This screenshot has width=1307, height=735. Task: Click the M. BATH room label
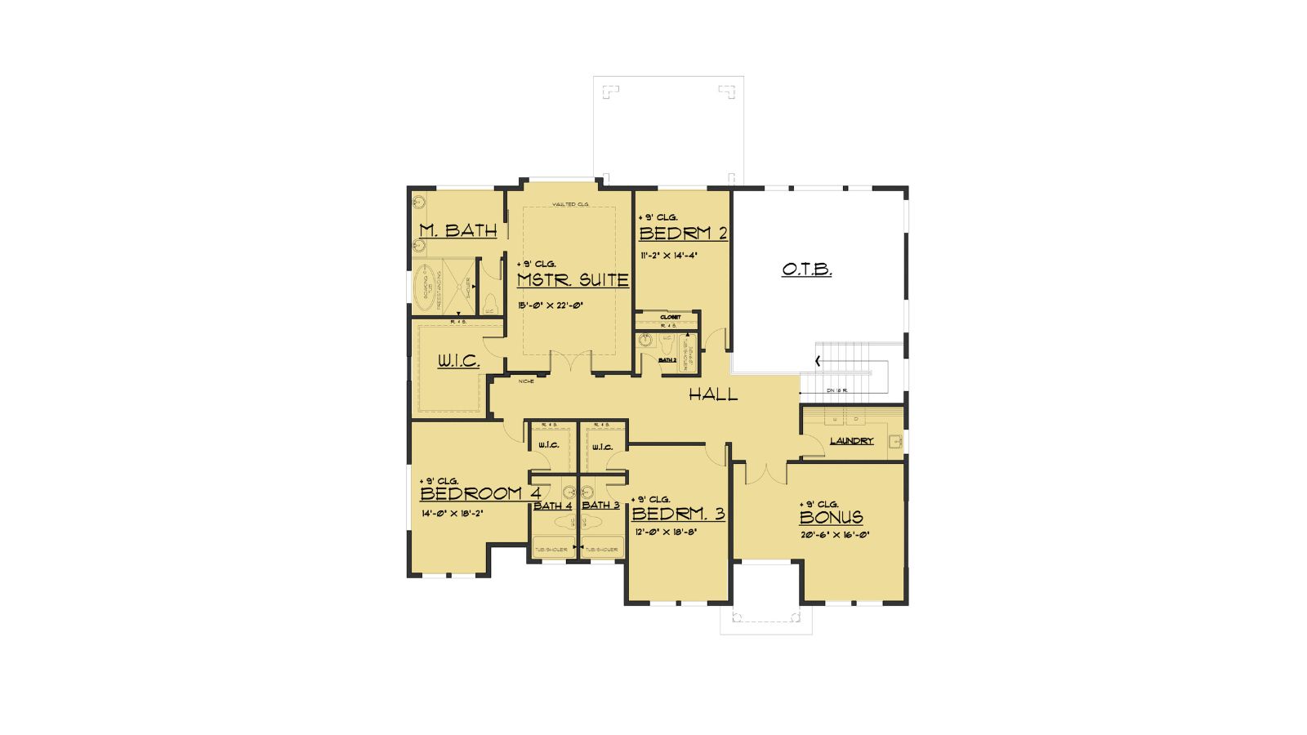pos(457,230)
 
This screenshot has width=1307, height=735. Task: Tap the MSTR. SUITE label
pos(573,280)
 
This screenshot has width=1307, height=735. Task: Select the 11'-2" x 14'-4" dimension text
pos(668,254)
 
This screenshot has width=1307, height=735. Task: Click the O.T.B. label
pos(806,269)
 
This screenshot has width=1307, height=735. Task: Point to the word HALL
pos(712,395)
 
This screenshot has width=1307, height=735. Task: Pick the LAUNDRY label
pos(851,441)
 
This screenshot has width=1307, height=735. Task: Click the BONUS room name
pos(831,517)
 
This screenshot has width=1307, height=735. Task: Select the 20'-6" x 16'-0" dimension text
pos(834,536)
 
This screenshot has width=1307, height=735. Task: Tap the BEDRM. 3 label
pos(678,514)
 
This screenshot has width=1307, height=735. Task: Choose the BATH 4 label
pos(552,506)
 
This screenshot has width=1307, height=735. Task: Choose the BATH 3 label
pos(600,506)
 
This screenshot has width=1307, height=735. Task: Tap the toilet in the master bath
pos(490,302)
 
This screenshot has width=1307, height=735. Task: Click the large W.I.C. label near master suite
pos(457,360)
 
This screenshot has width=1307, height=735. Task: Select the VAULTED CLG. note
pos(570,204)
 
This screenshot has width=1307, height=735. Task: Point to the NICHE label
pos(526,381)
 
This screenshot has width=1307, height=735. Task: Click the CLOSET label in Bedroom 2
pos(670,317)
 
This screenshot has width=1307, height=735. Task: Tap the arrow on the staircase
pos(818,360)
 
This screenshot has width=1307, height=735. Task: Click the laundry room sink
pos(895,442)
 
